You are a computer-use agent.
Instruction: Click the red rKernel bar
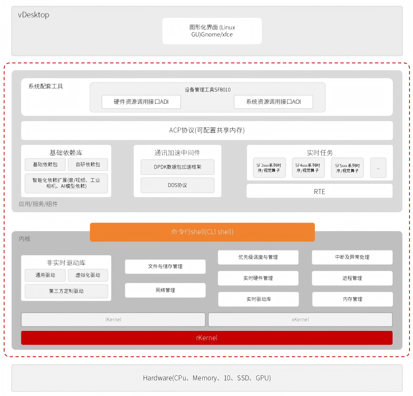[207, 338]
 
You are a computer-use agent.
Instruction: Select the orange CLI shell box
[202, 232]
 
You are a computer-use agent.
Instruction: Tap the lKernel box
[113, 320]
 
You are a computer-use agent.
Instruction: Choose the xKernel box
[300, 320]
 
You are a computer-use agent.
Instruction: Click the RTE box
[320, 192]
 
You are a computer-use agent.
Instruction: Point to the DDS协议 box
[177, 185]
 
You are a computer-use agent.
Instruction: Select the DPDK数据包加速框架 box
[177, 167]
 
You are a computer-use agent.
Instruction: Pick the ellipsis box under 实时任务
[378, 168]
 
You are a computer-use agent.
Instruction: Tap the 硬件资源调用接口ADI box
[141, 102]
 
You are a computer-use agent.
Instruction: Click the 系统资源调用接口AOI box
[273, 102]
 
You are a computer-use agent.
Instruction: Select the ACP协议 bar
[207, 130]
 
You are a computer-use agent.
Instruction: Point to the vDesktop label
[34, 15]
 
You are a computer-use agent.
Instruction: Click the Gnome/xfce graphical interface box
[212, 31]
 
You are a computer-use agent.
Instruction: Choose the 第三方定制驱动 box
[66, 291]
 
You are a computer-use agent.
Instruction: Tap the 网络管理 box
[165, 290]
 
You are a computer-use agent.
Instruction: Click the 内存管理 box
[353, 299]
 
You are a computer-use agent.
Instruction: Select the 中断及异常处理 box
[352, 257]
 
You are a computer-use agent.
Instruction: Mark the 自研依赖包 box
[88, 165]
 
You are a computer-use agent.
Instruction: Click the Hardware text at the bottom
[207, 378]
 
